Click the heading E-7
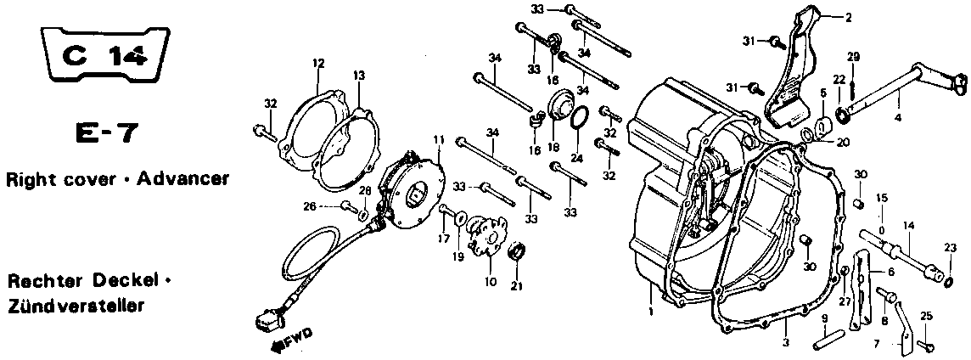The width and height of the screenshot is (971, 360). point(102,133)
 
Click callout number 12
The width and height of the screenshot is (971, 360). point(318,63)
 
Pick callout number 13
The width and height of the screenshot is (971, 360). point(359,75)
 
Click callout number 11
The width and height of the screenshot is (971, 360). point(439,140)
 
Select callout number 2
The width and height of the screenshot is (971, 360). point(848,18)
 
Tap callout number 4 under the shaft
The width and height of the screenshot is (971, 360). point(898,117)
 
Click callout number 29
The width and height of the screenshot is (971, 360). point(853,57)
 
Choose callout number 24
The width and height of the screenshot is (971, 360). point(576,159)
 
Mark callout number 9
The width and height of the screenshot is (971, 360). point(825,318)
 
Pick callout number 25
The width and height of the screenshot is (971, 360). point(926,318)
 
